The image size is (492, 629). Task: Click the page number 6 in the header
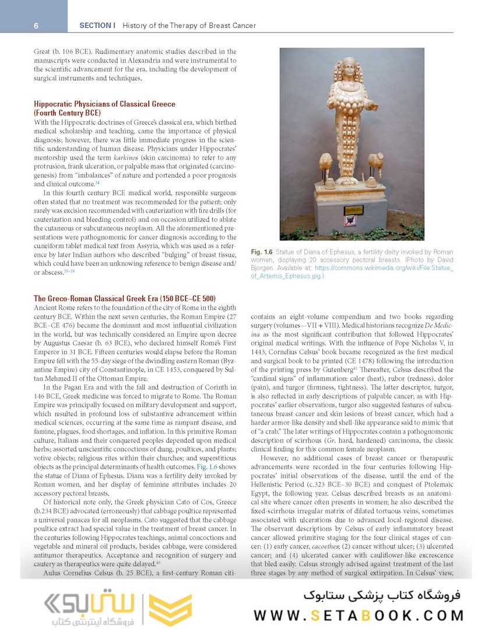(36, 26)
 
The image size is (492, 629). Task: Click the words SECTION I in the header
(97, 26)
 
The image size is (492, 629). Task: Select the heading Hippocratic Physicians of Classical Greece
(104, 104)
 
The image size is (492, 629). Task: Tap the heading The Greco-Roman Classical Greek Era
(125, 298)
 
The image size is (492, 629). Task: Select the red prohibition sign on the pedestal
(350, 220)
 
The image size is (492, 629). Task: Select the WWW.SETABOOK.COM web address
(359, 615)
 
